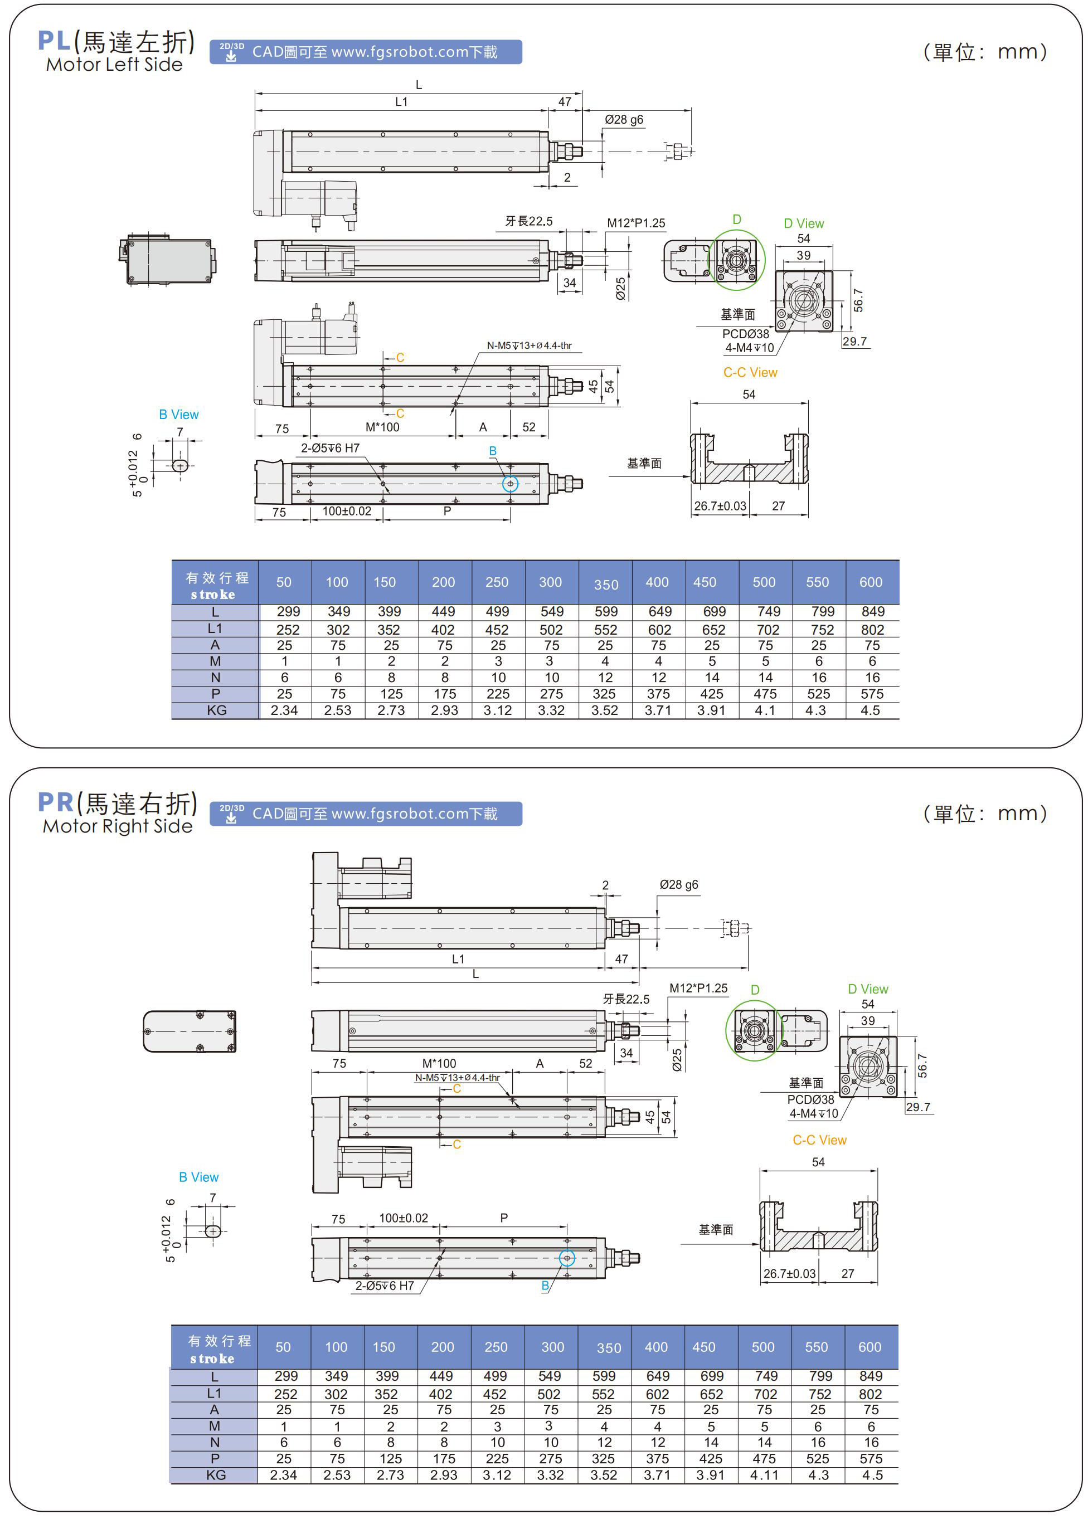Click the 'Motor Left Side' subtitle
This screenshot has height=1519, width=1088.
114,65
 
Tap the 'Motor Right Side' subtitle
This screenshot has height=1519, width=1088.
118,826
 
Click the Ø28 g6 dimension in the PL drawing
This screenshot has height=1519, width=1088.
624,120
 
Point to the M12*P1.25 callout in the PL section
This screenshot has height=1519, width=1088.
636,223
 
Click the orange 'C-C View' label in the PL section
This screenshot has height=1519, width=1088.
750,373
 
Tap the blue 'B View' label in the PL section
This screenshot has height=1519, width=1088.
178,415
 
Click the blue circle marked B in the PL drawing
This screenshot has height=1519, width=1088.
511,484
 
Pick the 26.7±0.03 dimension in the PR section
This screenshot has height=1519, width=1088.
789,1274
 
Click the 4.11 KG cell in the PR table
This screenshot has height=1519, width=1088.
764,1476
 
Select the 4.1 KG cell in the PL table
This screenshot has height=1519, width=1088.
765,710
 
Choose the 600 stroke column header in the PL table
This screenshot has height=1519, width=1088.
871,582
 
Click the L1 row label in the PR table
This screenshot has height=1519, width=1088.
215,1393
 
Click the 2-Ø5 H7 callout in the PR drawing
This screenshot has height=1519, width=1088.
385,1286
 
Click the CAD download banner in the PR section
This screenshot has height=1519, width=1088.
366,814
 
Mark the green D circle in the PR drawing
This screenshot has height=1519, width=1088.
754,1030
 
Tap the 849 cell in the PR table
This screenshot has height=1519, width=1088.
871,1376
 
